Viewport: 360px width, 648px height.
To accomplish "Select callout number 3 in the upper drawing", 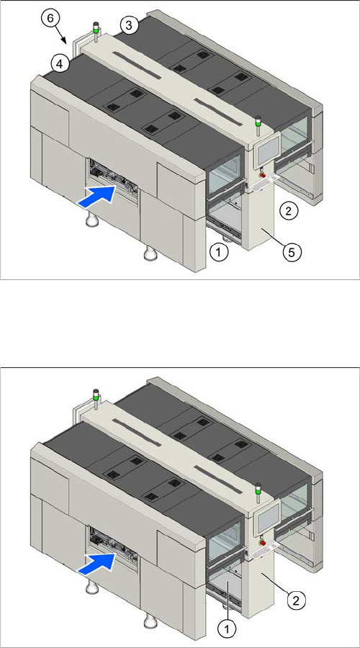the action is coord(129,26).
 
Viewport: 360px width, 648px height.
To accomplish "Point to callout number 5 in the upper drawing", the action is coord(292,253).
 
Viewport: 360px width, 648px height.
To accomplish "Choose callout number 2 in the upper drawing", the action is coord(289,211).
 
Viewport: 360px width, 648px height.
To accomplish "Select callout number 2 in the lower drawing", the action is coord(297,599).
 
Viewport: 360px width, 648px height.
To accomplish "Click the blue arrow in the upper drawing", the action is coord(96,195).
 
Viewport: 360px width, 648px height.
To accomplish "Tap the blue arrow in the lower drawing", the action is coord(96,563).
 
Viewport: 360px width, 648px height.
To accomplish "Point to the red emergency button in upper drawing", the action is coord(262,175).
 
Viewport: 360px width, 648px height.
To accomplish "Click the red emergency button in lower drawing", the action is coord(262,543).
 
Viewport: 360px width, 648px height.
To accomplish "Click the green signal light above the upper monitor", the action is coord(258,122).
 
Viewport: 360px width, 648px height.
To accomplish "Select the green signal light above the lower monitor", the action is coord(258,489).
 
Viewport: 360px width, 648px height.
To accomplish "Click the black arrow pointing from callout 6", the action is coord(63,35).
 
